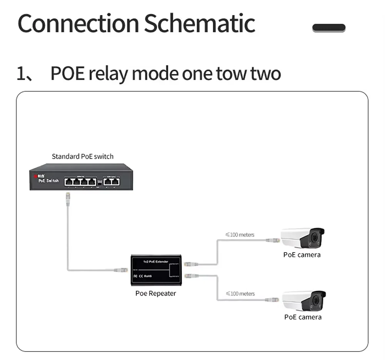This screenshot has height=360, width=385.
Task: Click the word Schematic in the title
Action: coord(199,24)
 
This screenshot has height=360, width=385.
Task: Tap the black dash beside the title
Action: coord(329,28)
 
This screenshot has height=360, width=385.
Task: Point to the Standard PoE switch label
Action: coord(82,156)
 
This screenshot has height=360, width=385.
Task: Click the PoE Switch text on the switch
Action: coord(49,180)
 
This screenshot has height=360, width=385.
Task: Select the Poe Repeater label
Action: coord(156,293)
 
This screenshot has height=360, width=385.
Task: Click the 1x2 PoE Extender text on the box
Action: coord(156,261)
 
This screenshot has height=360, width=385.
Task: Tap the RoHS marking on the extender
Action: coord(149,276)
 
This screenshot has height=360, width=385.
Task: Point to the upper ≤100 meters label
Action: coord(240,234)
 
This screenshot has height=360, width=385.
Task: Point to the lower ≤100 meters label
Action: coord(240,293)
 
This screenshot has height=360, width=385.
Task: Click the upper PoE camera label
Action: coord(302,255)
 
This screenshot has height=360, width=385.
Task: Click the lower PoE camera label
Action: coord(303,317)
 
